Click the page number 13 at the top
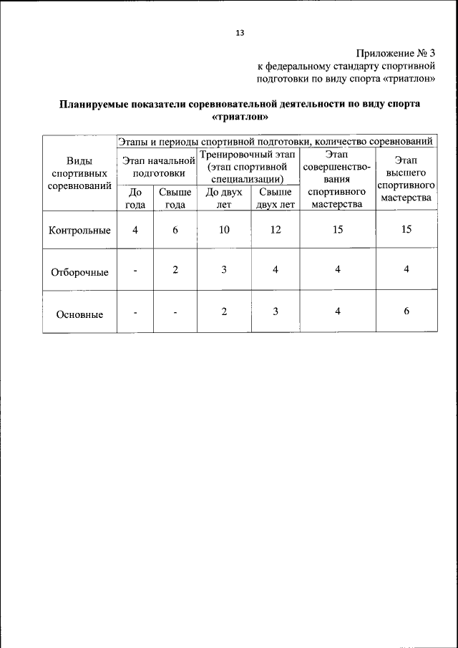(240, 32)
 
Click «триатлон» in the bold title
(240, 116)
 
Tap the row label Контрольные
(79, 231)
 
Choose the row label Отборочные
(79, 272)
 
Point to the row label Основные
(79, 314)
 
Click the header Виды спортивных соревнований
(79, 173)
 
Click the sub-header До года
(135, 198)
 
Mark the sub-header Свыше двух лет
(276, 198)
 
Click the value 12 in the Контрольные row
(276, 230)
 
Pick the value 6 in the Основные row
(406, 311)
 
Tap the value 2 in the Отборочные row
(175, 270)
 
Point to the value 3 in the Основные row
(276, 311)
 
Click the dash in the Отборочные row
(135, 271)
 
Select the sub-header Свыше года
(175, 198)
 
